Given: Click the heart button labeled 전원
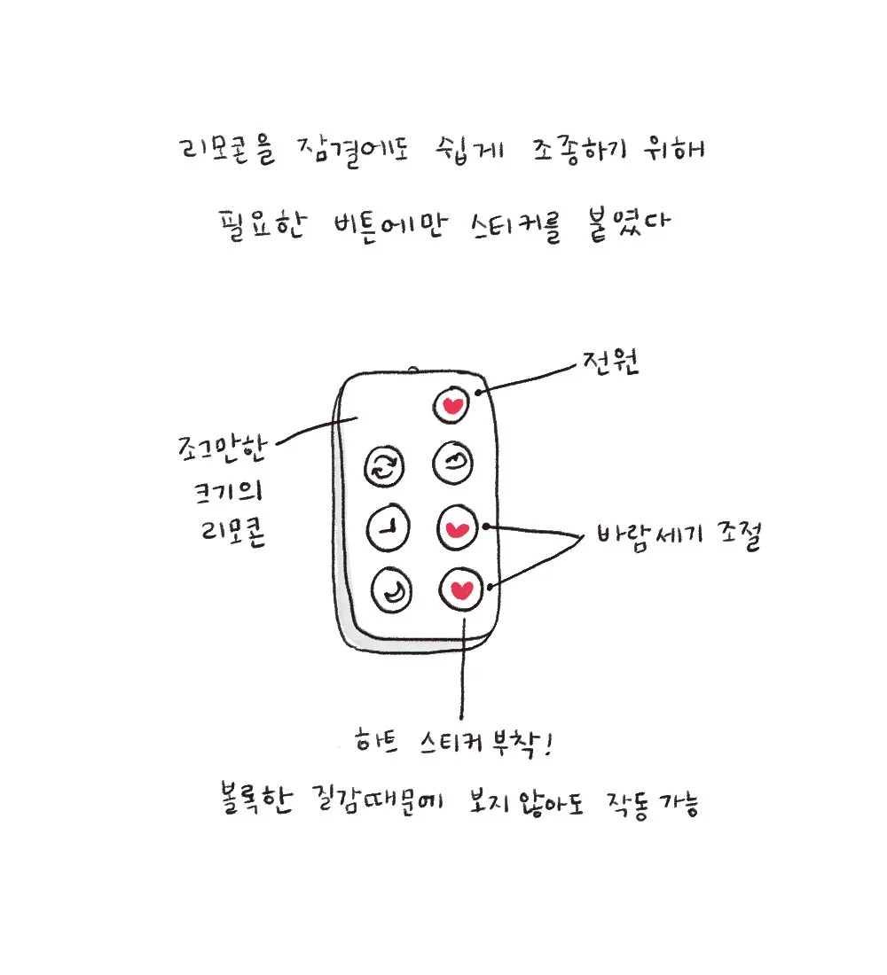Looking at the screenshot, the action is (452, 406).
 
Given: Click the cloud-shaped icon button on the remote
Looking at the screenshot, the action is (453, 461).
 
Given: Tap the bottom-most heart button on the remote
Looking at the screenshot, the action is (460, 589).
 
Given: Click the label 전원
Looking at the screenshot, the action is (610, 363).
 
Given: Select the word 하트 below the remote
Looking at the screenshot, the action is (374, 740).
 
